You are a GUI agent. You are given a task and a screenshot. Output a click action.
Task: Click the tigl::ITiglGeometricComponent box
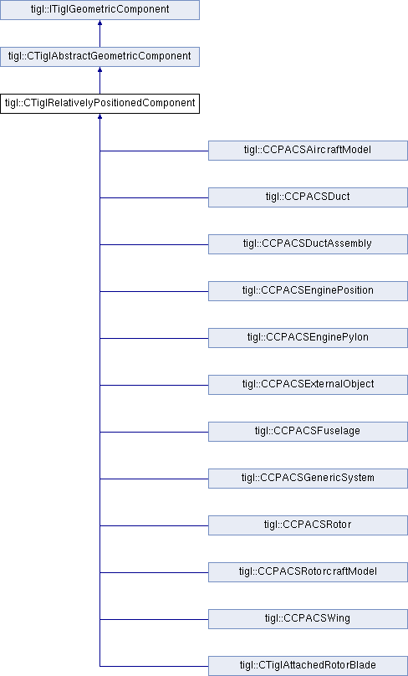100,9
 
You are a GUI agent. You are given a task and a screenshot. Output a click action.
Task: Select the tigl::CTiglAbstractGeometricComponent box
100,57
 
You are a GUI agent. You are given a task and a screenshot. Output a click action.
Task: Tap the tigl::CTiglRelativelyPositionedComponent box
100,104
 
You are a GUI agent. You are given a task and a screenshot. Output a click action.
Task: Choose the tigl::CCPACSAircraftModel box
308,151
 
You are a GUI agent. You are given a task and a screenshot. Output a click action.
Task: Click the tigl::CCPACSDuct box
308,197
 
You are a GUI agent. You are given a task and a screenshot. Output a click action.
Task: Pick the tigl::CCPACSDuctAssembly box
308,244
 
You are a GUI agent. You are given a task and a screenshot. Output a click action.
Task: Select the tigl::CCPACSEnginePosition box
308,291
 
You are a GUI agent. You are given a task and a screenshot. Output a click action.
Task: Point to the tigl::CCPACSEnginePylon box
308,338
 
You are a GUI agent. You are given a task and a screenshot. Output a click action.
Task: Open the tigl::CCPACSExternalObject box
308,385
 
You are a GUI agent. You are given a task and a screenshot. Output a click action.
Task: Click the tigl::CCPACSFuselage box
308,432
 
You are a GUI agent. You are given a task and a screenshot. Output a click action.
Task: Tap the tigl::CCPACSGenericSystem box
308,479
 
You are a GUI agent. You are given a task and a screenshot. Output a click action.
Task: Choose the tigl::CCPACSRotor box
308,525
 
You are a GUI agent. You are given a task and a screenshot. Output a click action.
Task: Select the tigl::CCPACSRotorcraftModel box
308,572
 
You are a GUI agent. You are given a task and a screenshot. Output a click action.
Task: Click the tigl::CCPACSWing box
308,619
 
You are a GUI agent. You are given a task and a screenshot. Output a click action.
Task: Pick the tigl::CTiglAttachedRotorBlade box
308,666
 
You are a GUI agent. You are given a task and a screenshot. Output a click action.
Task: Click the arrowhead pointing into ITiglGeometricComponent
100,23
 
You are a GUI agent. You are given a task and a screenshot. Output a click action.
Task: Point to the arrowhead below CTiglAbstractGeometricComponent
100,69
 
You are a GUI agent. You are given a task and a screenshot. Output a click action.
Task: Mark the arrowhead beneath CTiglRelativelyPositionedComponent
100,116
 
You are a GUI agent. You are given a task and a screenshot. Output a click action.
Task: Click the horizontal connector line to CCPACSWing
154,619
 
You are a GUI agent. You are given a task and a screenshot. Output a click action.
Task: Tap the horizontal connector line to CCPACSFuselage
154,432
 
